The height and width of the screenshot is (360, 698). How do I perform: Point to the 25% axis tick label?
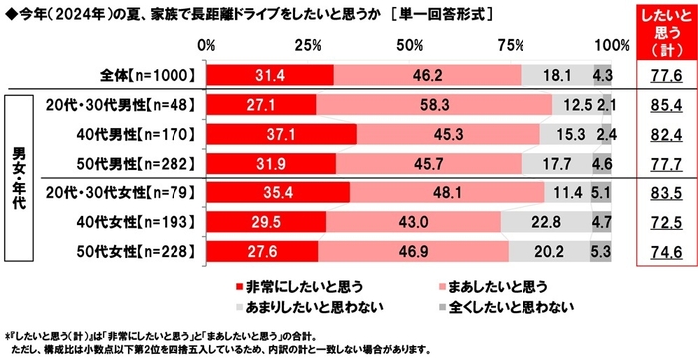point(308,45)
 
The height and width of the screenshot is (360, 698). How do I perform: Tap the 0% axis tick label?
point(207,45)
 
